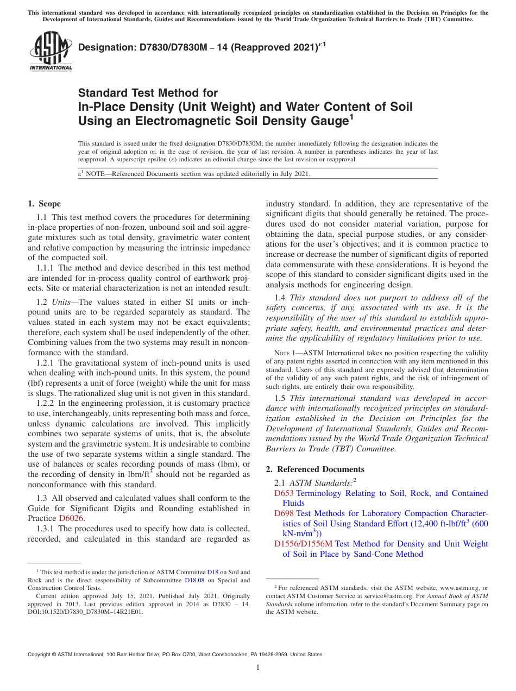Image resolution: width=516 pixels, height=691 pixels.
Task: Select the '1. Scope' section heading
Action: (44, 204)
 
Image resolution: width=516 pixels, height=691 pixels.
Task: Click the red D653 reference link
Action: (284, 493)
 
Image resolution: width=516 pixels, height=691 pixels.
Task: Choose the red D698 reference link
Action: (284, 513)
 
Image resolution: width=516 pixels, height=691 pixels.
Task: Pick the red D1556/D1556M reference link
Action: (303, 544)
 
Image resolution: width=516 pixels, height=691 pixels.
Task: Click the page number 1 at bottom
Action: (258, 667)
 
